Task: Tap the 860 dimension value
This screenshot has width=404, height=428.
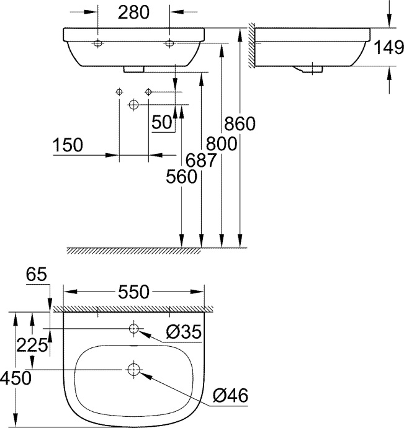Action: pyautogui.click(x=240, y=124)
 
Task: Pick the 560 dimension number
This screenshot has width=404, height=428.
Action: pyautogui.click(x=181, y=177)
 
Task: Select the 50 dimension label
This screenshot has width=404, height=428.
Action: pyautogui.click(x=162, y=122)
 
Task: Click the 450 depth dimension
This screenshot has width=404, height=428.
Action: pyautogui.click(x=16, y=378)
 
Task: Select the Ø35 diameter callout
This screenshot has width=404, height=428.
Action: pyautogui.click(x=184, y=332)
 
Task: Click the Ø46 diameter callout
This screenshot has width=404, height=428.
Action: pyautogui.click(x=230, y=395)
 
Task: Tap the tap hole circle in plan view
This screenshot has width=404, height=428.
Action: pyautogui.click(x=134, y=328)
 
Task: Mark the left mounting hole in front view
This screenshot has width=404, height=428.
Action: pyautogui.click(x=98, y=43)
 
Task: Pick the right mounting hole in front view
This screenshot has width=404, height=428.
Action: pyautogui.click(x=169, y=43)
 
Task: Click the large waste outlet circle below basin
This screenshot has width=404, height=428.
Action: pyautogui.click(x=133, y=105)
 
